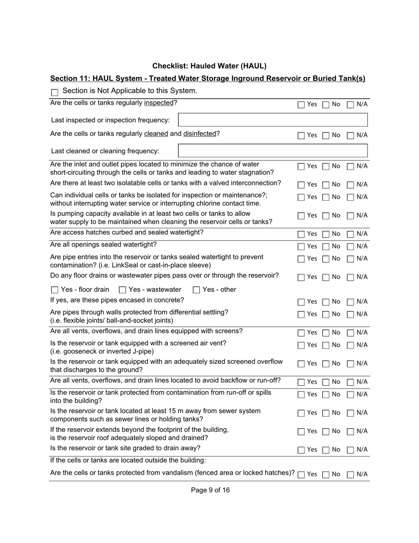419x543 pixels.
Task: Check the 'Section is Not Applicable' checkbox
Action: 55,92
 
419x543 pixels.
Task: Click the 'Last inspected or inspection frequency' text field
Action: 273,120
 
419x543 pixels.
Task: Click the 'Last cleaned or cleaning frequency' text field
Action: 273,151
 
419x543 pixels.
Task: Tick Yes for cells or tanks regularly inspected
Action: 301,105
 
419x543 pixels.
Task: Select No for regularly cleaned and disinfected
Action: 325,136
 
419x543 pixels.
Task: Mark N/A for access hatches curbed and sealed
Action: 351,234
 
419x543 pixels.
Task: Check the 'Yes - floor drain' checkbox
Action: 55,290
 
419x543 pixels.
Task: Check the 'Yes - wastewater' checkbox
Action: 123,290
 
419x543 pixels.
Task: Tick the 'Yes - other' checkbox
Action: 196,290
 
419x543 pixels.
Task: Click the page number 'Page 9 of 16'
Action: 210,490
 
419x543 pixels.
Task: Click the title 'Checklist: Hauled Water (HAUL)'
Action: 209,66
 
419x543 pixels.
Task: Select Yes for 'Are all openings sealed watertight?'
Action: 301,246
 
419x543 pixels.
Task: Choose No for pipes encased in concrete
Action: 325,302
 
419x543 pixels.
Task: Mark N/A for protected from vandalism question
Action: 351,475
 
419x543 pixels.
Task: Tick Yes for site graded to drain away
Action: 301,450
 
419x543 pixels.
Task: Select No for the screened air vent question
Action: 325,345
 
